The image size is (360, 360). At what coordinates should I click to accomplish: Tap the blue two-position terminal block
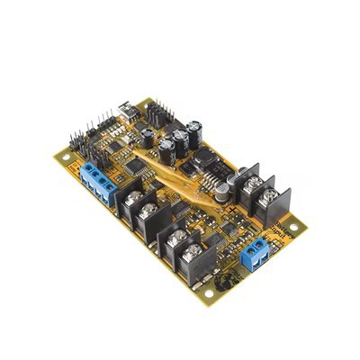click(x=256, y=252)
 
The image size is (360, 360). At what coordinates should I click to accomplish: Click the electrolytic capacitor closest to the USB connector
click(x=147, y=135)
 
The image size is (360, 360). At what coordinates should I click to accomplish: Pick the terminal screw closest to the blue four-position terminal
click(x=132, y=196)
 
